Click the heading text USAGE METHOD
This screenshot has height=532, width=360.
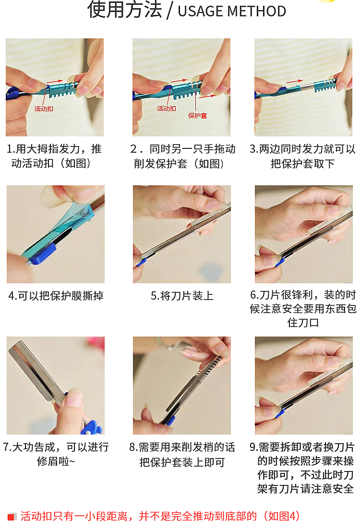[232, 11]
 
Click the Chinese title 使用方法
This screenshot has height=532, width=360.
[124, 10]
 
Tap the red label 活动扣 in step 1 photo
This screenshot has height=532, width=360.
[44, 109]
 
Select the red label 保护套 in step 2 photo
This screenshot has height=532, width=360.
[197, 116]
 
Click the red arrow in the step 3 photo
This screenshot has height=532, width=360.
[294, 81]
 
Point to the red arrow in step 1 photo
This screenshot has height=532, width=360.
[54, 82]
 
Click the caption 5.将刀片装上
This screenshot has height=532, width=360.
[182, 295]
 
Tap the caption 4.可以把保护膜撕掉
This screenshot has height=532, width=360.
[56, 295]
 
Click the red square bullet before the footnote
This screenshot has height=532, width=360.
[12, 517]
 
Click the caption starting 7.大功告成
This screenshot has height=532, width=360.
[56, 454]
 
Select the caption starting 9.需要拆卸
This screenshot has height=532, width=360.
[302, 468]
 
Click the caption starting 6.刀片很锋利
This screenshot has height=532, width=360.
[303, 308]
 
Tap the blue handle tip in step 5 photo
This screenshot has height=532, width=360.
[141, 262]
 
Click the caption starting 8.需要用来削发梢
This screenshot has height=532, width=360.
[182, 454]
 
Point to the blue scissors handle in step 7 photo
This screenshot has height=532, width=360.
[91, 427]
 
